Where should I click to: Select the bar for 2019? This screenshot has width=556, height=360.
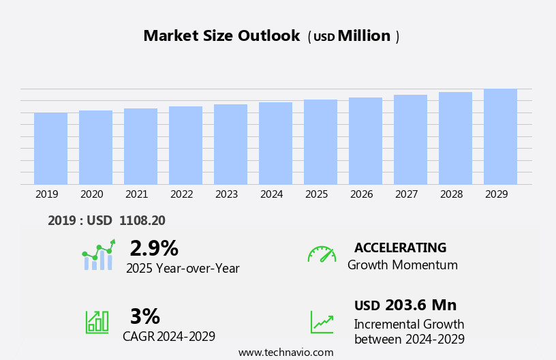(x=50, y=149)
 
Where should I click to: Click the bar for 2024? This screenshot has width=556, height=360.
(x=275, y=143)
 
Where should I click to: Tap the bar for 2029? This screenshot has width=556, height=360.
(x=500, y=136)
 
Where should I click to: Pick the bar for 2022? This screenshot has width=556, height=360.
(x=185, y=145)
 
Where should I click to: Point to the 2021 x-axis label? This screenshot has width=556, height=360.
(x=136, y=194)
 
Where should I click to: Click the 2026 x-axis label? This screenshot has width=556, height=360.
(x=361, y=194)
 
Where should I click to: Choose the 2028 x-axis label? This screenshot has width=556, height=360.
(x=451, y=194)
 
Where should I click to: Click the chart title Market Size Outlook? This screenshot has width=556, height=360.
(x=221, y=36)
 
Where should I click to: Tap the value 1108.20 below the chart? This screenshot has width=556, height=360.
(x=142, y=220)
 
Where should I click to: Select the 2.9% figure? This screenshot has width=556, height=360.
(x=154, y=248)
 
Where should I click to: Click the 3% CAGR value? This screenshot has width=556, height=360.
(x=144, y=316)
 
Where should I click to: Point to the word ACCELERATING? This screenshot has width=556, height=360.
(x=400, y=247)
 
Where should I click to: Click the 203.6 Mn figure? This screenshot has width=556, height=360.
(x=420, y=305)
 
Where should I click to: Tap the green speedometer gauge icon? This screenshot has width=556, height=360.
(x=322, y=254)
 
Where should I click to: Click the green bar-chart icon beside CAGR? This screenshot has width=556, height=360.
(x=97, y=321)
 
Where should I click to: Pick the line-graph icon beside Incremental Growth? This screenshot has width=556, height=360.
(x=322, y=322)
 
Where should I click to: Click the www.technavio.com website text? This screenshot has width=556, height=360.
(x=285, y=352)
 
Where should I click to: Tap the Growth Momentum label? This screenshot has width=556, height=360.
(x=402, y=265)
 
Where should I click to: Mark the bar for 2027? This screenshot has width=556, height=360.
(x=410, y=139)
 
